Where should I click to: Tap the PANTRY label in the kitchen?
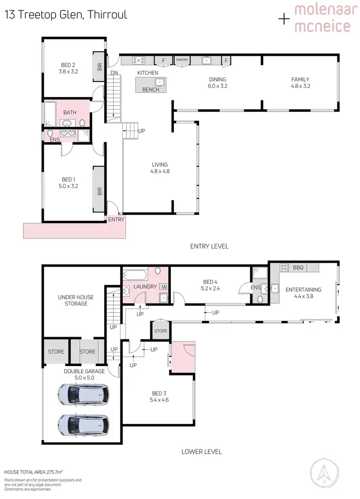coord(182,60)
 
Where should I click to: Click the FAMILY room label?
coord(300,83)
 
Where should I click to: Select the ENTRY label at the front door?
coord(116,219)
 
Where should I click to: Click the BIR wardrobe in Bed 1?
coord(100,191)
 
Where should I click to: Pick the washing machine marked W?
coord(164,287)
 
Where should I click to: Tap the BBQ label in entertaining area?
coord(298,268)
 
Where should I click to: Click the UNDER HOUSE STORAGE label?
coord(76,300)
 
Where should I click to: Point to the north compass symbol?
coord(327,475)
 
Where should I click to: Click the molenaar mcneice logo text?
coord(322,18)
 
